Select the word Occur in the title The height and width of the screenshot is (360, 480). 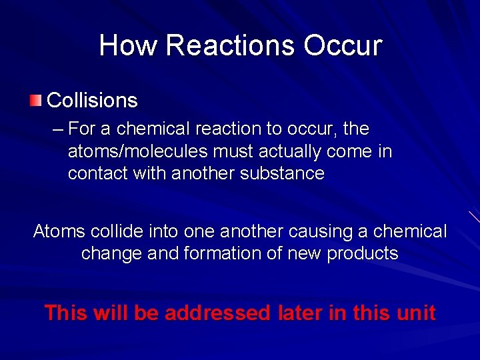343,45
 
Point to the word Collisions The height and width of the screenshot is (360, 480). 92,101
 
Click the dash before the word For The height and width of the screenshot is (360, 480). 57,128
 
